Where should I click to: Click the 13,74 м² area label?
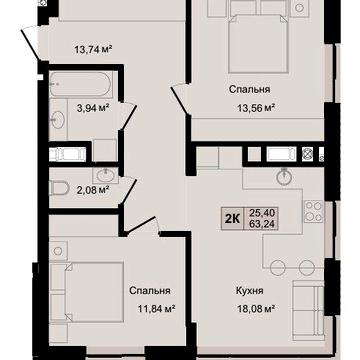(x=93, y=50)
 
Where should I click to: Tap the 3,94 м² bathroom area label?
(x=93, y=108)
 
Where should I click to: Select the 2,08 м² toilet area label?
(x=94, y=190)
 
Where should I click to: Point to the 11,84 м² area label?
(x=157, y=308)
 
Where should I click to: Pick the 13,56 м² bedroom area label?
(x=256, y=108)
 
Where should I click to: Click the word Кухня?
(x=250, y=291)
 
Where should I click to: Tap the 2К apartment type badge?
(x=232, y=218)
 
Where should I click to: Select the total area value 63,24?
(x=262, y=224)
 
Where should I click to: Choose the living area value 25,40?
(x=262, y=213)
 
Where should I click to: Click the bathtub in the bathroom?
(x=81, y=84)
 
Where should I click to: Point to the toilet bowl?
(x=59, y=188)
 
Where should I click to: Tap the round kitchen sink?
(x=284, y=177)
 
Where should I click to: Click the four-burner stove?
(x=313, y=212)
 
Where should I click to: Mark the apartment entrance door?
(x=31, y=43)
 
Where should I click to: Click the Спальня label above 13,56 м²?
(x=249, y=89)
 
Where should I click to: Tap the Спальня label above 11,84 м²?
(x=150, y=291)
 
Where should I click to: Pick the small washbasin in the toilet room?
(x=106, y=175)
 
